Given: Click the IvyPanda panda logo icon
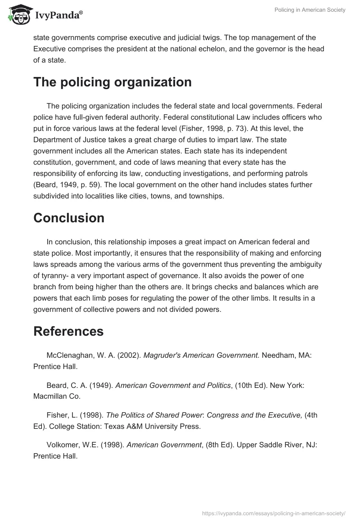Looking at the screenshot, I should pos(18,14).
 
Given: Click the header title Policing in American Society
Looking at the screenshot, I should pos(310,10).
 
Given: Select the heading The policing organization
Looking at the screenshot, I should pos(112,82).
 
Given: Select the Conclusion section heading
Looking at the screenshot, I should pos(69,218).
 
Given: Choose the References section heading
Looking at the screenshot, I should pos(68,331).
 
